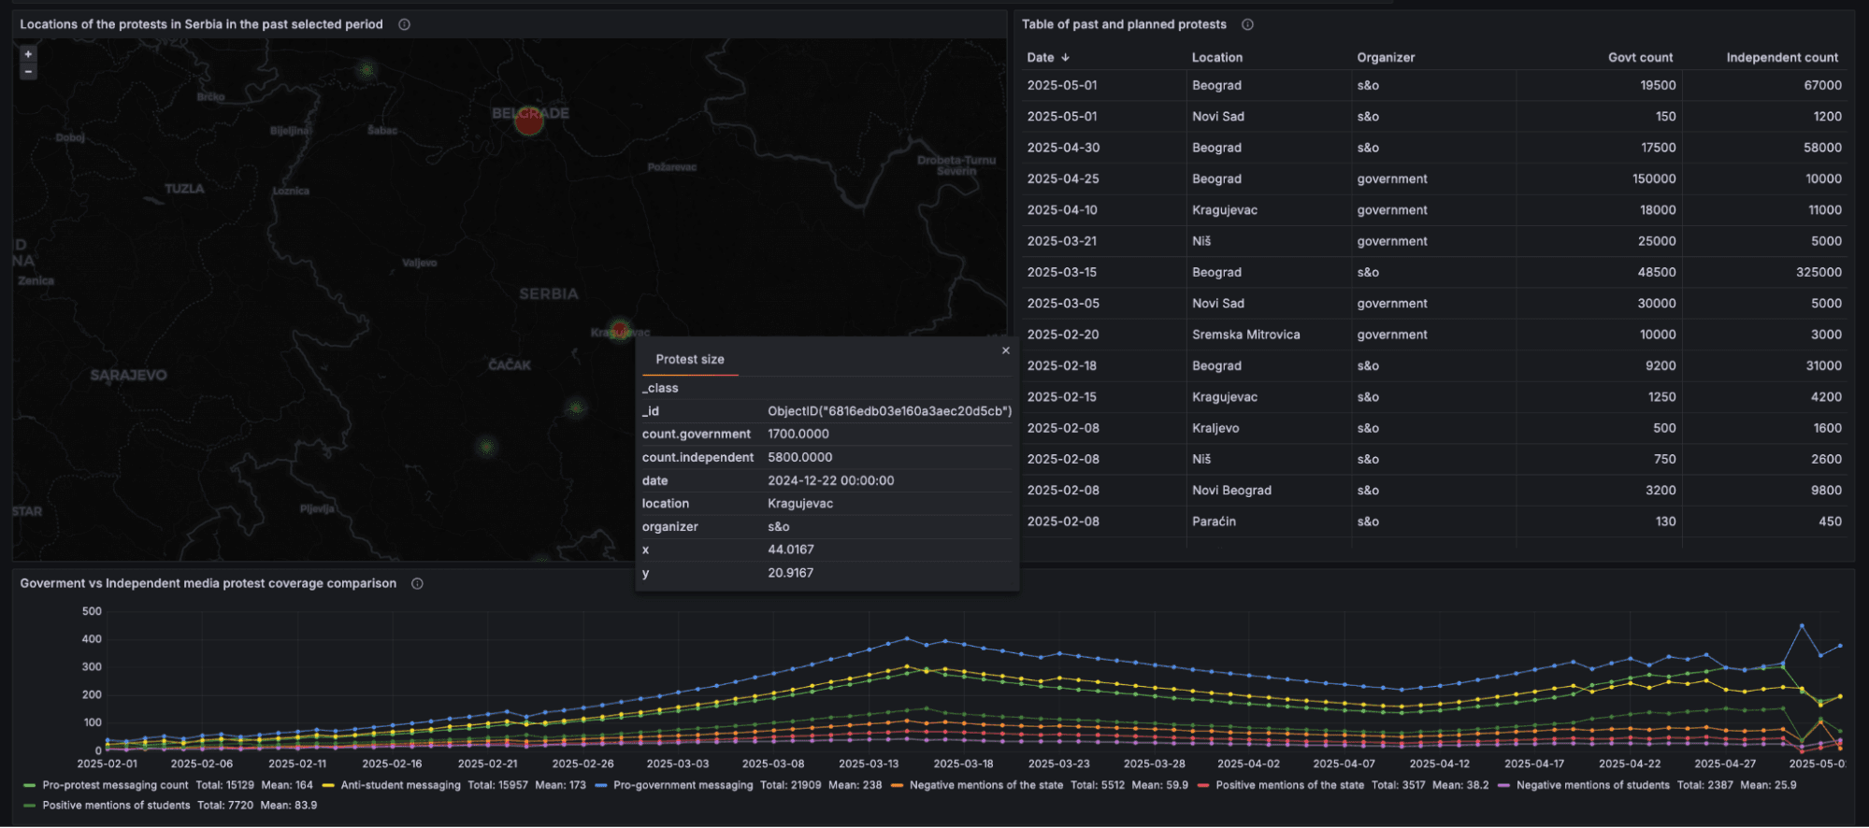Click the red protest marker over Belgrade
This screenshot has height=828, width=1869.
coord(529,121)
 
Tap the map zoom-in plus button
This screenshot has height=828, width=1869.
coord(28,54)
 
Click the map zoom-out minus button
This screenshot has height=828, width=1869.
coord(28,72)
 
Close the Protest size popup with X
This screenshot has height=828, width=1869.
coord(1006,350)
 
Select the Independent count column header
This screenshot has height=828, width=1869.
coord(1781,57)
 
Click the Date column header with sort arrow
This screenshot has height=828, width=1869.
coord(1047,57)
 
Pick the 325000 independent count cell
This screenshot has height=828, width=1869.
coord(1818,272)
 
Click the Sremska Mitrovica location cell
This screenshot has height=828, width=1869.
coord(1245,335)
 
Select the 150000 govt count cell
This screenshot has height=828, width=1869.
coord(1653,178)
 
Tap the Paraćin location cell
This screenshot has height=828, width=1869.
coord(1214,521)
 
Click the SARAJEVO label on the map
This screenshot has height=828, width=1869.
coord(129,375)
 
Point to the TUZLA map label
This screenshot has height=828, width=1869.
coord(184,189)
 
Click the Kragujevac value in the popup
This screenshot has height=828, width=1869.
coord(800,503)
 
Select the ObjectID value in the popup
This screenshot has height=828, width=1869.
coord(889,411)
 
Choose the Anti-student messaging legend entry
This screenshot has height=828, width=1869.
coord(400,785)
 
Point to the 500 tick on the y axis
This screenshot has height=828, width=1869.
coord(92,611)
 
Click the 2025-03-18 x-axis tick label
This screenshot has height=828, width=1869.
coord(963,764)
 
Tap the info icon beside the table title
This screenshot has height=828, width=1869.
coord(1247,24)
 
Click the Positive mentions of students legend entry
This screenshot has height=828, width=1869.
coord(116,805)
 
